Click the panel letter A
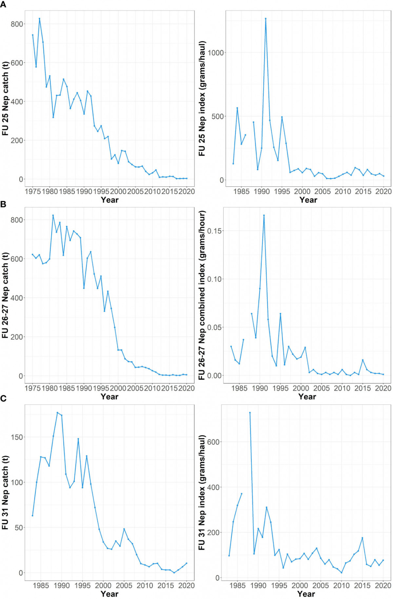tap(3, 4)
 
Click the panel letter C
tap(3, 398)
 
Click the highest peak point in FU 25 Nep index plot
tap(265, 19)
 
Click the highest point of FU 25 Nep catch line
tap(39, 19)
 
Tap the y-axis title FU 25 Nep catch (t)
tap(5, 98)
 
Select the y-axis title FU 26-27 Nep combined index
tap(202, 295)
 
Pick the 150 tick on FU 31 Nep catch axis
tap(16, 437)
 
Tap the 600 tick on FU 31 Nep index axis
tap(213, 442)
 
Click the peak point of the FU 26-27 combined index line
tap(264, 215)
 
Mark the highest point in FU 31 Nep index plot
tap(250, 413)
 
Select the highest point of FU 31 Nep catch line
tap(57, 413)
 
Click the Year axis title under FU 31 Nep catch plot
tap(109, 593)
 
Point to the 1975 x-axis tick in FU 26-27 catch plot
tap(33, 388)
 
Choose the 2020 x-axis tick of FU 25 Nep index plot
tap(383, 191)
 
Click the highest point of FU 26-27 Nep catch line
tap(53, 215)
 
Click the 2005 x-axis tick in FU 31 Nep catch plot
tap(124, 585)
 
